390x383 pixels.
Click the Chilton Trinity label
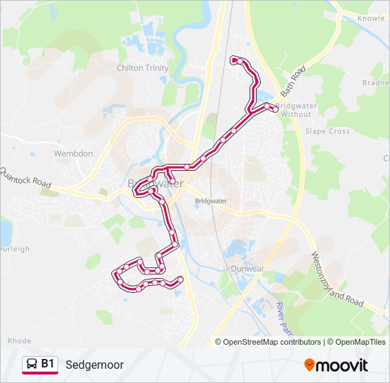pyautogui.click(x=143, y=68)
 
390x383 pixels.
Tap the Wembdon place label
pyautogui.click(x=73, y=153)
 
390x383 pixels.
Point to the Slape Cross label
pyautogui.click(x=327, y=131)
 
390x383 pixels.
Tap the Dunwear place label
pyautogui.click(x=247, y=269)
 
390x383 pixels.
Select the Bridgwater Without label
pyautogui.click(x=296, y=110)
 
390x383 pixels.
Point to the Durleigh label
pyautogui.click(x=14, y=249)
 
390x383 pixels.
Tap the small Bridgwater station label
pyautogui.click(x=211, y=201)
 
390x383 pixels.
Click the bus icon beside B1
pyautogui.click(x=31, y=365)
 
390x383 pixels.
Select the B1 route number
pyautogui.click(x=48, y=365)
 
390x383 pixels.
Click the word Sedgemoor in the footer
pyautogui.click(x=94, y=365)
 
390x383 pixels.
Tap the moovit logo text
pyautogui.click(x=342, y=365)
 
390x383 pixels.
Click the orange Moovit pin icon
pyautogui.click(x=309, y=365)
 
